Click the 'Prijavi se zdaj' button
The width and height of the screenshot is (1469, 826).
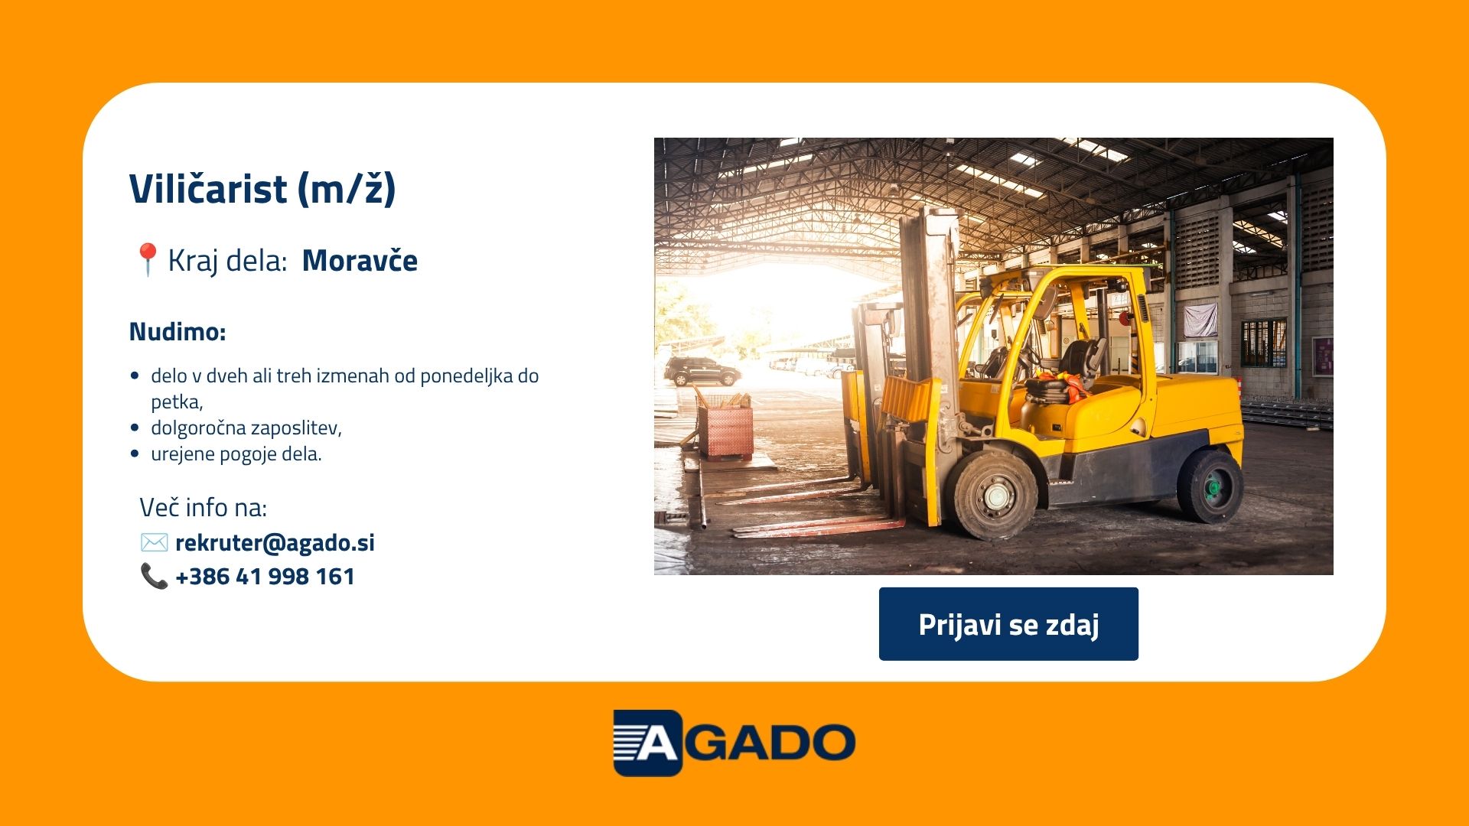click(x=1008, y=624)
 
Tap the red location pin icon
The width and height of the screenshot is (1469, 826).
click(x=147, y=259)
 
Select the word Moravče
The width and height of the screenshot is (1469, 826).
click(x=360, y=261)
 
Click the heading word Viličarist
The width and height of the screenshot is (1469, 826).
click(x=207, y=188)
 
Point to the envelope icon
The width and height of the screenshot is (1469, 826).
click(x=154, y=542)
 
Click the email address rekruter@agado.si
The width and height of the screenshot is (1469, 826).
click(x=275, y=542)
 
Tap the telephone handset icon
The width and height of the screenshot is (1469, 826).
click(x=154, y=576)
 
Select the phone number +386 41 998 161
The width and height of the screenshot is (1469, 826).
click(x=265, y=576)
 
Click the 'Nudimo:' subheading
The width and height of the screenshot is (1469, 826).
click(x=178, y=332)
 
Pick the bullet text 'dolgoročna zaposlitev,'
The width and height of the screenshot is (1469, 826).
click(x=246, y=428)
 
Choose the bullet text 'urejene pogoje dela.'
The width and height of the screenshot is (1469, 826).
click(x=236, y=454)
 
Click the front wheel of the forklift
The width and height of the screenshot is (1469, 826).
click(x=995, y=496)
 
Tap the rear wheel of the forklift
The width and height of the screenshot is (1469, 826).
click(x=1210, y=486)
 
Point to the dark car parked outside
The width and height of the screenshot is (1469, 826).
click(x=702, y=372)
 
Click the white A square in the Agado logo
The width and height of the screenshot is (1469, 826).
click(x=647, y=743)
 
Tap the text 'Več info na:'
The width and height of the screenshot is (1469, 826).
click(x=203, y=507)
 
